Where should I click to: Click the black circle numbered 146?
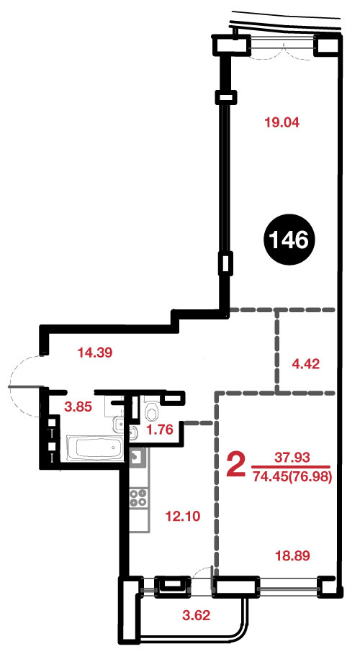coord(289,240)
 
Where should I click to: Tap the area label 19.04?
coord(282,122)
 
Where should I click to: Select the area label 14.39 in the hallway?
coord(96,353)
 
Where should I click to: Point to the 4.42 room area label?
coord(305,364)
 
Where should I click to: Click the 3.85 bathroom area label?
coord(77,407)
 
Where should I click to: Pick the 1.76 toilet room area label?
coord(159,430)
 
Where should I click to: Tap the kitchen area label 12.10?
coord(183,517)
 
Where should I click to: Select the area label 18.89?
coord(292,555)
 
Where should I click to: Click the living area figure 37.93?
coord(292,458)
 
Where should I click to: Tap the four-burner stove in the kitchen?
coord(139,497)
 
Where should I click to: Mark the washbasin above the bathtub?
coord(118,424)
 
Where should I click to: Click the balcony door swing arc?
coord(203,570)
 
